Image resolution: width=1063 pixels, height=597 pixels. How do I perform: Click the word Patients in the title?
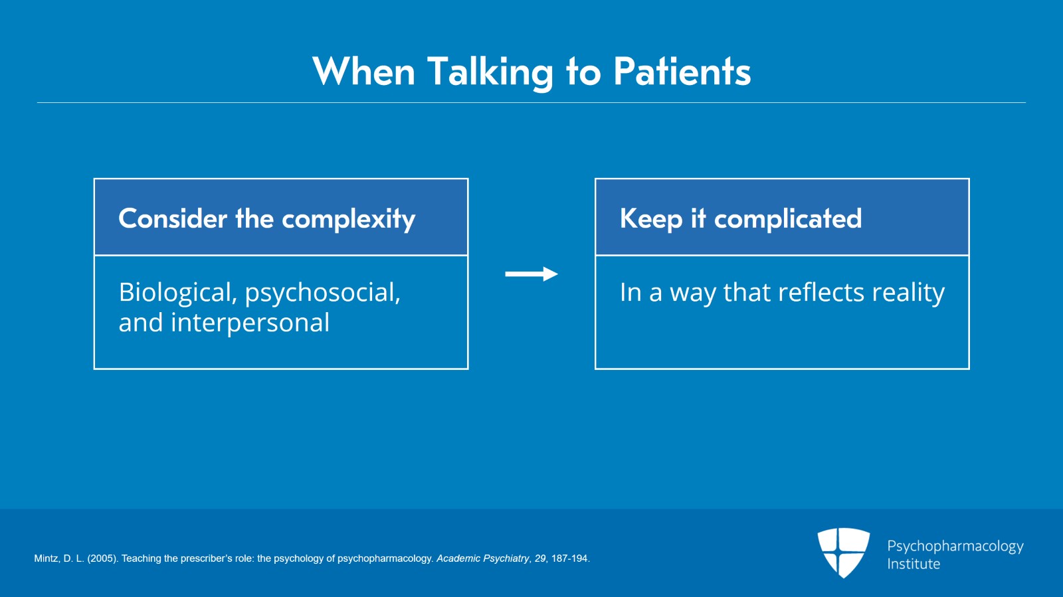682,72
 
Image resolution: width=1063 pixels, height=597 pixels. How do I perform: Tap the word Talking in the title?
490,73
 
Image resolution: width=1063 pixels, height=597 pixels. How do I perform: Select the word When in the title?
363,72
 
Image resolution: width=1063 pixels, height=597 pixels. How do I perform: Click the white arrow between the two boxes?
531,274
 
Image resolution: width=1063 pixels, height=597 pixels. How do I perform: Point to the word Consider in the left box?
173,218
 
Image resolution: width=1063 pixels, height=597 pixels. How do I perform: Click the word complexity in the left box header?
349,220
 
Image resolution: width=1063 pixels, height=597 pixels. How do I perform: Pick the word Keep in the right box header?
651,220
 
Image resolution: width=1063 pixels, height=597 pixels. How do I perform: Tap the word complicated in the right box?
788,220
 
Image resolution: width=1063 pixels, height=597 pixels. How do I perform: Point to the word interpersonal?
250,323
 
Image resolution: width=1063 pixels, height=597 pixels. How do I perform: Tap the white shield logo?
843,553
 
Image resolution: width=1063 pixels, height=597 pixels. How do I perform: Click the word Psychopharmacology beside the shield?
955,547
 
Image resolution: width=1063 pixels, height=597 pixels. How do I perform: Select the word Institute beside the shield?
914,564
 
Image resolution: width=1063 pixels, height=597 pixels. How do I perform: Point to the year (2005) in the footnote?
102,558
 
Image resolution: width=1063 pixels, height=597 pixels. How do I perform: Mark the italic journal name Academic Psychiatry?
483,558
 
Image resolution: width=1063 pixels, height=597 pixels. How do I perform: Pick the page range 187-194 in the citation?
569,558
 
